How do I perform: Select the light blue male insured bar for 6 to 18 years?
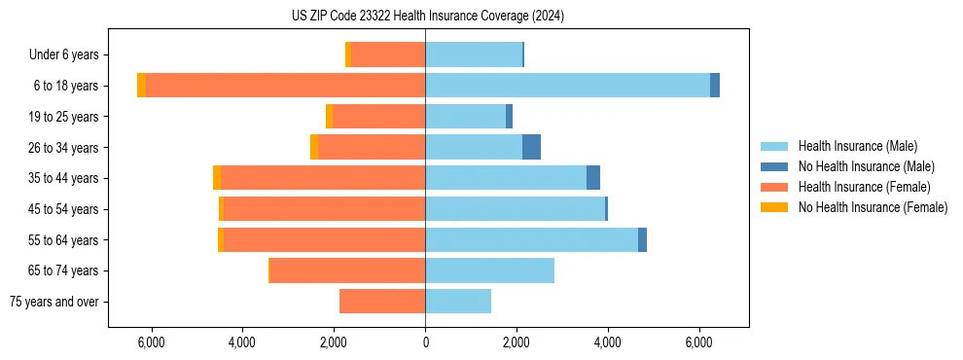pos(567,86)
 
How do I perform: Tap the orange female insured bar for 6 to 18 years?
pos(285,86)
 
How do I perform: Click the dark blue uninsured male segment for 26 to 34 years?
pos(531,147)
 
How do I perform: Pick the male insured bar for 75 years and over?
pos(458,302)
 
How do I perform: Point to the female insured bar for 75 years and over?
pos(382,302)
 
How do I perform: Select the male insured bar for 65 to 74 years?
pos(489,270)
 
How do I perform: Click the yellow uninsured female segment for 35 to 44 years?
pos(217,178)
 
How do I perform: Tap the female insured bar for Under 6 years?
pos(388,54)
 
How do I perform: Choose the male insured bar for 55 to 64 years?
pos(531,239)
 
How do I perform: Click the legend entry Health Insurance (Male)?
pos(857,146)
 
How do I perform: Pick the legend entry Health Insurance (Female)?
pos(864,187)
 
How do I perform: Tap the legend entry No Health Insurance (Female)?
pos(873,207)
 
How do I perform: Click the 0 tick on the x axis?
pos(425,342)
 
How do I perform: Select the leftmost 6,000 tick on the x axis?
pos(151,342)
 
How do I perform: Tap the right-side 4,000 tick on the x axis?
pos(608,342)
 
